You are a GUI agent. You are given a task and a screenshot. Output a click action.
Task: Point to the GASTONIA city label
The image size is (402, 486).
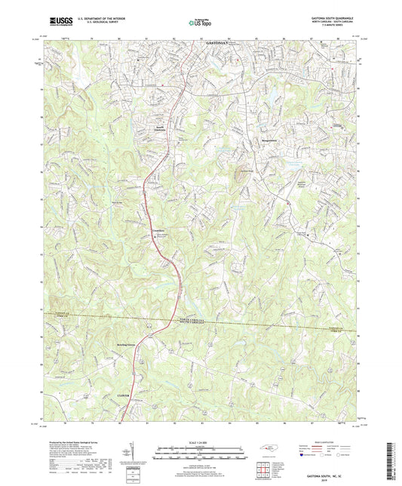218,45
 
